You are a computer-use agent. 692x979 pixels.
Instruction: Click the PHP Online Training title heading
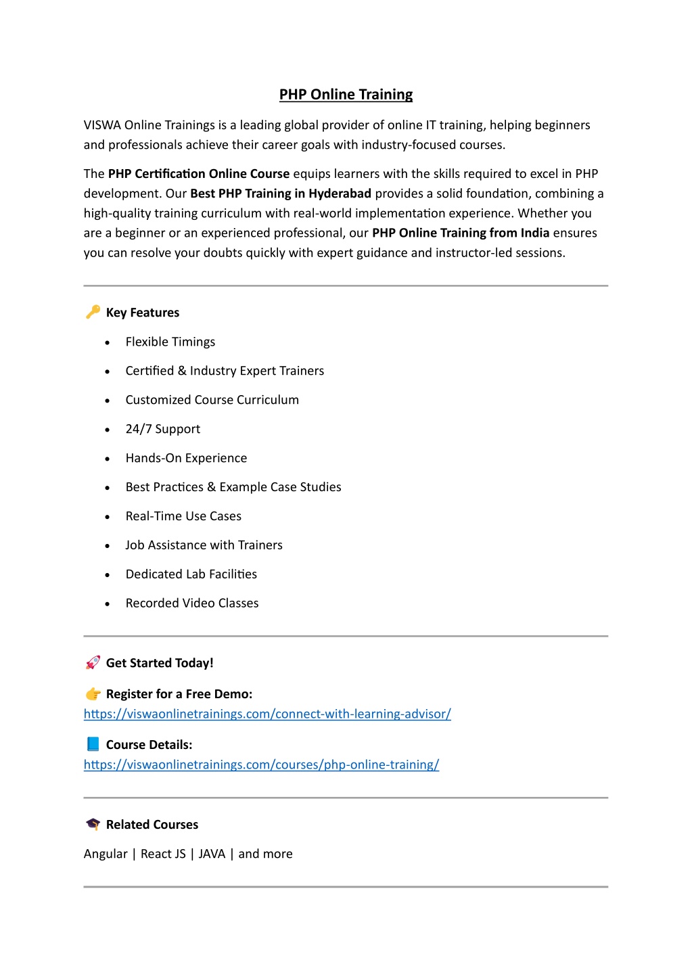click(x=346, y=95)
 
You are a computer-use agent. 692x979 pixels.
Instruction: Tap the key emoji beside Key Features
click(x=93, y=312)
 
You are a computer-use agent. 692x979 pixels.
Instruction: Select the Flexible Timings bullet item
click(x=170, y=342)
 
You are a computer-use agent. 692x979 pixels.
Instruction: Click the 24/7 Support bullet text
click(x=162, y=429)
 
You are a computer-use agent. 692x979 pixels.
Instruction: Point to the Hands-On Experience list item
click(x=186, y=458)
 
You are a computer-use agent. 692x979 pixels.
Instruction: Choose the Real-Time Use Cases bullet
click(x=183, y=516)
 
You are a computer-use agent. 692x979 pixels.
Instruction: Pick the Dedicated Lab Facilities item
click(x=191, y=574)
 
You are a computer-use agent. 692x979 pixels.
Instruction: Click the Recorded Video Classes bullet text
click(x=192, y=604)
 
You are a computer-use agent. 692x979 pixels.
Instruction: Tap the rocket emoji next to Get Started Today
click(x=93, y=662)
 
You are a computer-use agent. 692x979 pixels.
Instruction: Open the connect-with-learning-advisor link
click(x=267, y=714)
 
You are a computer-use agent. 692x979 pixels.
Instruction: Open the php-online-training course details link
click(x=261, y=765)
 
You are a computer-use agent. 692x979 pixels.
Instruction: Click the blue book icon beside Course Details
click(x=93, y=744)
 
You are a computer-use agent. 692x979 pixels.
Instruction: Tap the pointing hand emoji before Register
click(x=93, y=693)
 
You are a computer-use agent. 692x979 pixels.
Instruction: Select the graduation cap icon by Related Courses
click(x=93, y=824)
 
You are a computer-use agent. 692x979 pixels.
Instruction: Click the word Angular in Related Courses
click(x=106, y=854)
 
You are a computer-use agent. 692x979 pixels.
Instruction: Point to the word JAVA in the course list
click(x=212, y=854)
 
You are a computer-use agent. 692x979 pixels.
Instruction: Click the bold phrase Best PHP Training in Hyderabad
click(x=281, y=193)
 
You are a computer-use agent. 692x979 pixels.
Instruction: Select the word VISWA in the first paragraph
click(x=102, y=125)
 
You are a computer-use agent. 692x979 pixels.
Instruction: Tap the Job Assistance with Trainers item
click(x=204, y=545)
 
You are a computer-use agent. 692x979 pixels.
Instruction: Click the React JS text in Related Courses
click(x=163, y=854)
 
